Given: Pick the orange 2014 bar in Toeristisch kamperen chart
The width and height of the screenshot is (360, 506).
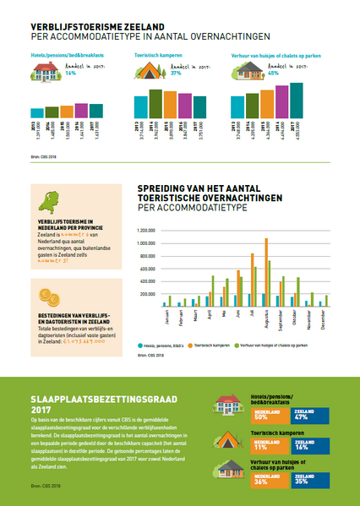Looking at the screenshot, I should point(155,102).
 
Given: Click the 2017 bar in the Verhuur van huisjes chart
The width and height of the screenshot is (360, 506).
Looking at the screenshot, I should point(296,100).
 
